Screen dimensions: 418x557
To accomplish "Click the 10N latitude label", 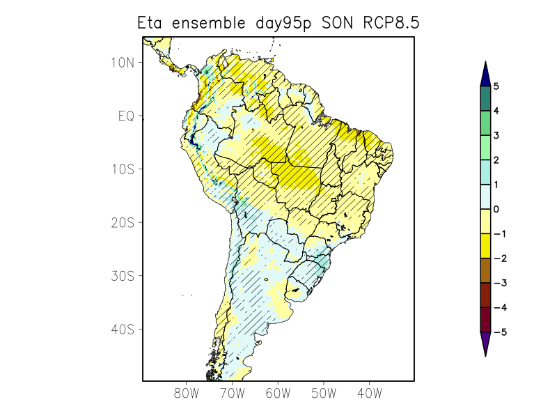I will click(123, 63).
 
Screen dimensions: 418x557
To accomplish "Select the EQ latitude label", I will click(125, 116).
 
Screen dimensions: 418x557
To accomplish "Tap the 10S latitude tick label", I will click(123, 169).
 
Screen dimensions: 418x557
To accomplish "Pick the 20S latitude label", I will click(123, 222).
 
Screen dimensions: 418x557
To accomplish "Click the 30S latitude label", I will click(123, 276).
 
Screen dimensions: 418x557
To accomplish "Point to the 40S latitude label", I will click(123, 329).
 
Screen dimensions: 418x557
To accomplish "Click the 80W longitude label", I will click(187, 394).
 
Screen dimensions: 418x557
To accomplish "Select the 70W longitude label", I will click(233, 394).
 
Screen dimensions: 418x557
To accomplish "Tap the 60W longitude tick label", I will click(278, 394).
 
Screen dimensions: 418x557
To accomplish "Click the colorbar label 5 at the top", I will click(496, 86).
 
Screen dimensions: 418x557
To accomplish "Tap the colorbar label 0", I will click(496, 209).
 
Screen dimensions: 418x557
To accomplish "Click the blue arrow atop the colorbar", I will click(485, 72).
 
